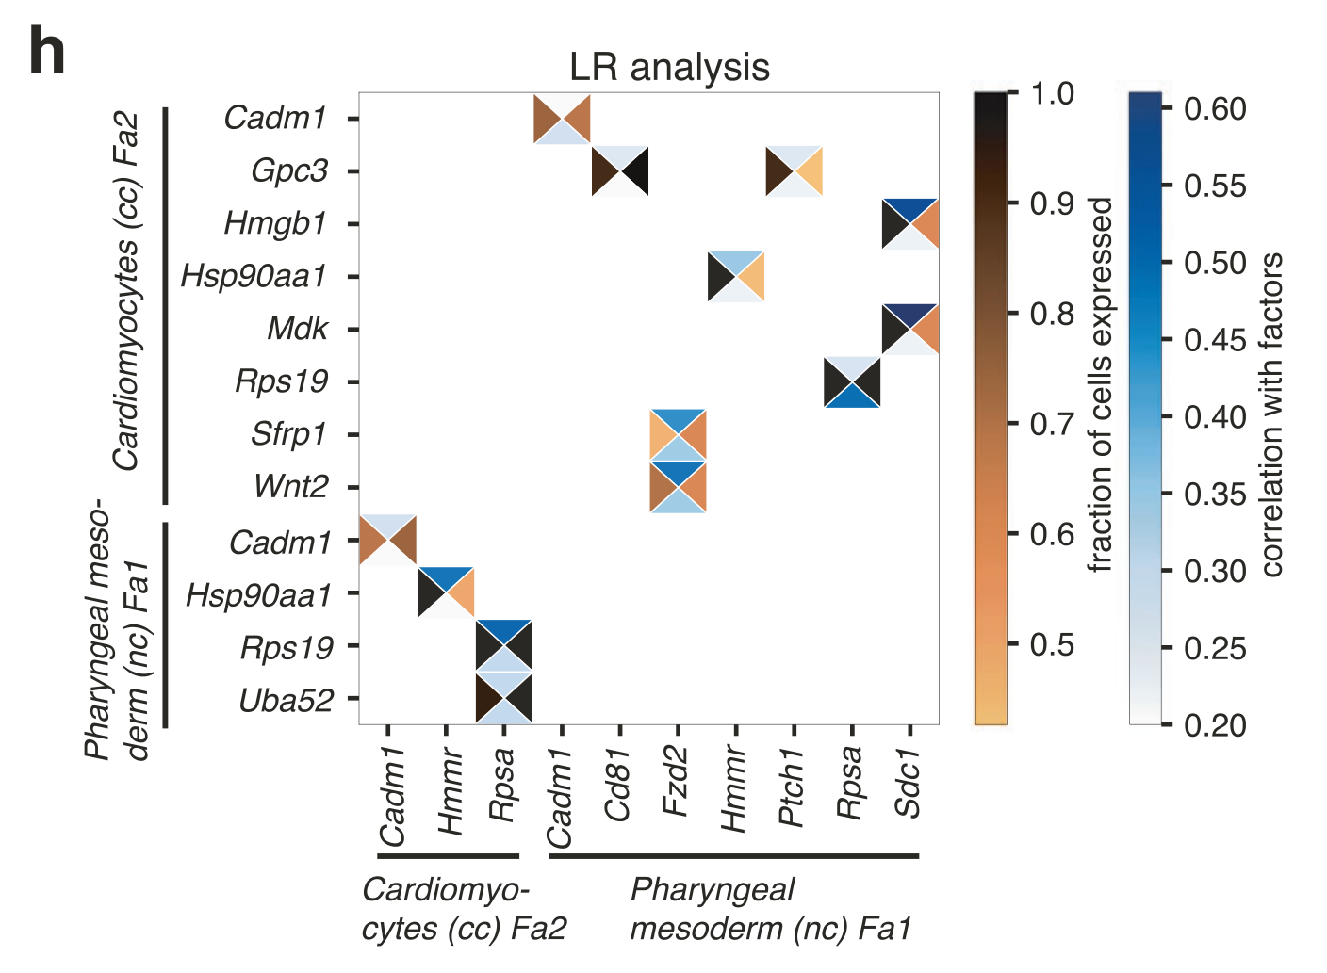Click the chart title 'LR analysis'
point(669,68)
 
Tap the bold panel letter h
point(47,53)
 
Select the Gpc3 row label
point(289,171)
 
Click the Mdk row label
point(298,329)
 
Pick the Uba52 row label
point(286,700)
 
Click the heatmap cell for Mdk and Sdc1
point(909,330)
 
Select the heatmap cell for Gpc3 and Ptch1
point(794,171)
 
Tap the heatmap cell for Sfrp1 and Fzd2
point(678,435)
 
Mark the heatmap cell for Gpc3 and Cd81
point(619,171)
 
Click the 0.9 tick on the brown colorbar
point(1052,203)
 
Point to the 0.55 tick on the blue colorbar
point(1215,186)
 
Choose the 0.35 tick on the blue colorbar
point(1215,494)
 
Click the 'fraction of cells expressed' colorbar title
point(1100,384)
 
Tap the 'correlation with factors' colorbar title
point(1271,414)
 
